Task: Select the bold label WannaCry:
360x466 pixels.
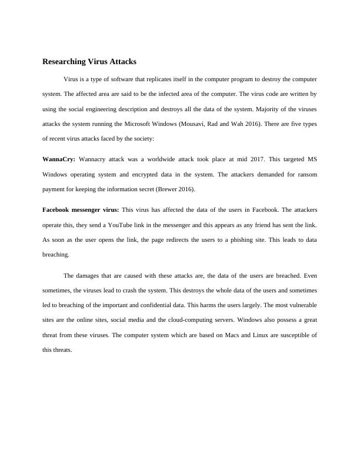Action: click(58, 159)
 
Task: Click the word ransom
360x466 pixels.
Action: click(306, 174)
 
